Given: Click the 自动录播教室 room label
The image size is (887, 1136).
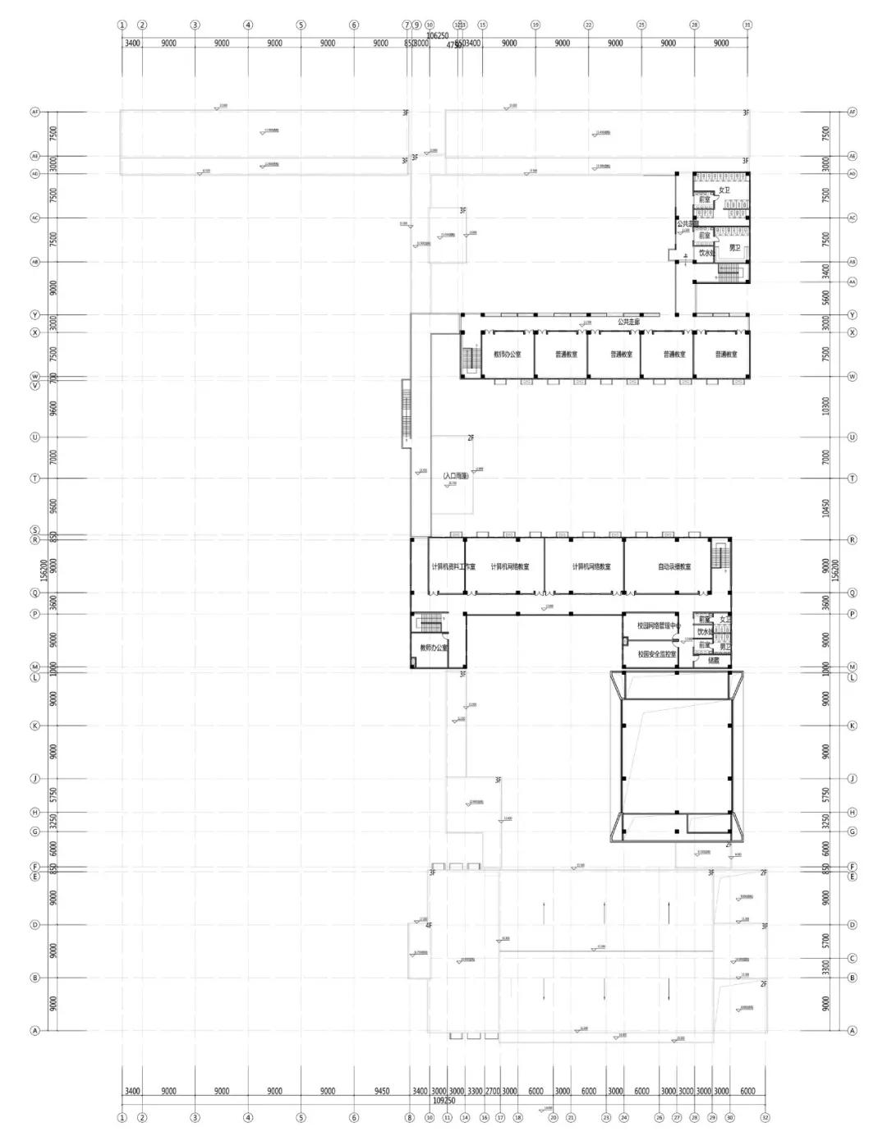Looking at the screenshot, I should tap(674, 566).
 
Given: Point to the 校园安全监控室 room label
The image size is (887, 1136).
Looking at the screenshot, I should tap(657, 654).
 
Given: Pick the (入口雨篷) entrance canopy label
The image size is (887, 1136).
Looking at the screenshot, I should tap(455, 476).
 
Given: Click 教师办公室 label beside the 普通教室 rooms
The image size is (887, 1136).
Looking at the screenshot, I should tap(507, 355).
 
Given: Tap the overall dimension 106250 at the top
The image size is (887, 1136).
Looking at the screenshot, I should tap(437, 36).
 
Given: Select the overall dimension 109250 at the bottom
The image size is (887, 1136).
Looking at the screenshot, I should tap(443, 1100).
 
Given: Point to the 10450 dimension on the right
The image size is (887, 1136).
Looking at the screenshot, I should tap(826, 508).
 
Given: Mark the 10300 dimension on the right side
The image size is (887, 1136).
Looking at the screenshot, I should tap(826, 406).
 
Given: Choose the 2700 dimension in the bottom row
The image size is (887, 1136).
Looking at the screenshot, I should tap(492, 1091).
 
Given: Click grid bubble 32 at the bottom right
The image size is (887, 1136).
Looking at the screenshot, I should tap(765, 1117).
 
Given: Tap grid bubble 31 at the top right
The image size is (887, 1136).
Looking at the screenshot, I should tap(747, 25).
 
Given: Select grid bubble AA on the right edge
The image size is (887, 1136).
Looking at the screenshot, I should tap(853, 282).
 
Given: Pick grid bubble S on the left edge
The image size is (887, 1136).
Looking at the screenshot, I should tap(35, 530).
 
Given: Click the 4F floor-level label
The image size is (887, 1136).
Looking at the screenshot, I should tap(429, 925).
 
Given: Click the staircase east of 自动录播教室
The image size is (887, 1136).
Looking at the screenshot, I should tap(720, 557).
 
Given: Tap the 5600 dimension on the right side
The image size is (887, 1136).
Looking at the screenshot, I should tap(826, 298).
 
